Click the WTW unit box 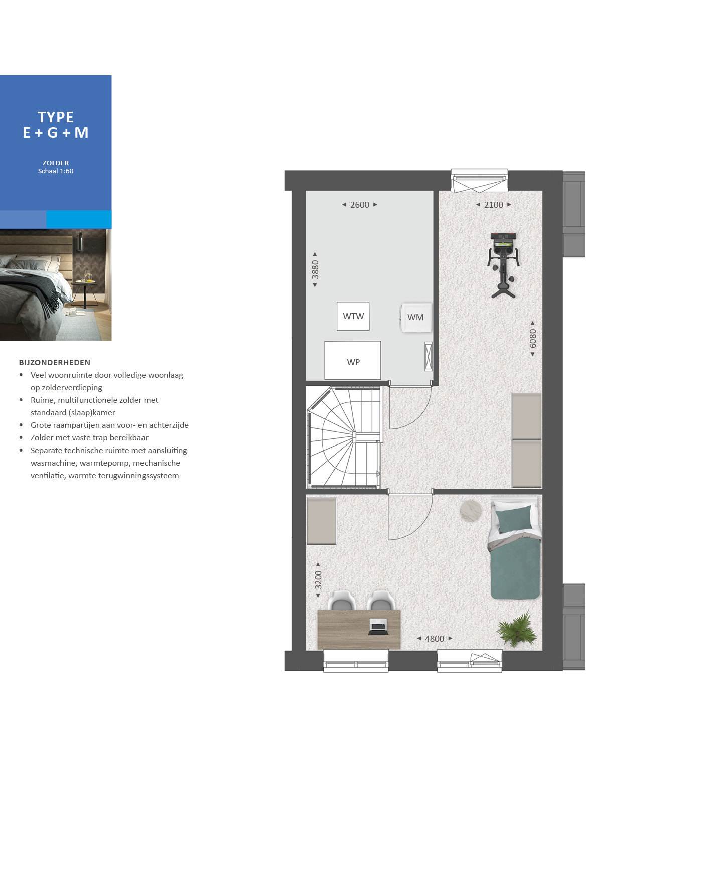pos(353,316)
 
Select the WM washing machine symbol pos(416,317)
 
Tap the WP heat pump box pos(353,360)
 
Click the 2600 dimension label pos(360,205)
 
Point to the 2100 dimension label pos(494,205)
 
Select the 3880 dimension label pos(315,269)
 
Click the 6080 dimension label pos(533,338)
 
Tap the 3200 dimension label pos(318,580)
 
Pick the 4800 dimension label pos(435,639)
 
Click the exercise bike pos(503,264)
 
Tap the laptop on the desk pos(378,627)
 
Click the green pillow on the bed pos(514,519)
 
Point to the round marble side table pos(471,511)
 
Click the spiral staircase pos(344,437)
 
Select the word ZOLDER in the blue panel pos(56,163)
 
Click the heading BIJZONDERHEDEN pos(55,362)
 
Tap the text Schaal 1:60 pos(56,171)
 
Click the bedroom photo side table pos(84,293)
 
